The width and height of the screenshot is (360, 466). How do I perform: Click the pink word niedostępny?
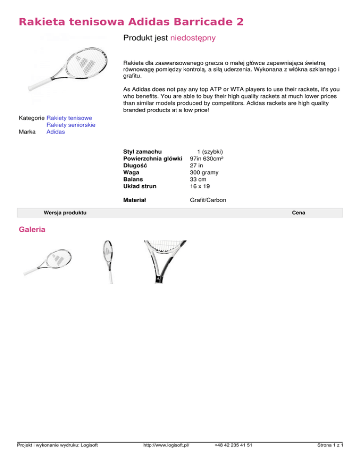[x=193, y=38]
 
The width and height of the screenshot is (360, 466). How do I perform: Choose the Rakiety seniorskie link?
[x=71, y=125]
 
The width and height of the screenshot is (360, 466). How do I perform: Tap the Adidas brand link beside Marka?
[x=55, y=132]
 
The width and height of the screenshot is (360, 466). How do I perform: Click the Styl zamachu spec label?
[x=142, y=151]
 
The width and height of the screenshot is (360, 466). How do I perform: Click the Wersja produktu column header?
[x=65, y=213]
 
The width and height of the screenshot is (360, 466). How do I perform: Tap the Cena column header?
[x=299, y=213]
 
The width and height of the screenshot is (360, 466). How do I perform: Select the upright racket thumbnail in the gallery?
[x=108, y=262]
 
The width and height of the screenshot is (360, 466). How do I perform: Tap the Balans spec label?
[x=133, y=179]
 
